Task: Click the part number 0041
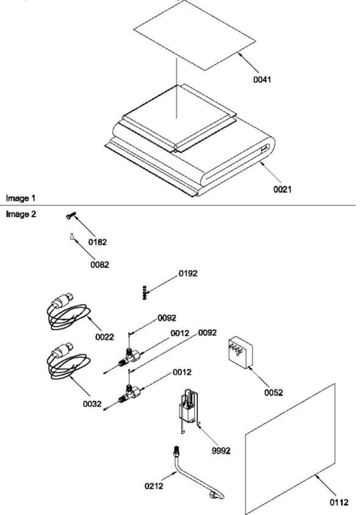262,79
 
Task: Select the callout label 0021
283,190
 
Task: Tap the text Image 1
20,198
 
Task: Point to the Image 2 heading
21,214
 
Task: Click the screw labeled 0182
71,216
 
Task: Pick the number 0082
100,265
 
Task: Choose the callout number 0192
188,273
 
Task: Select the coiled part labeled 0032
68,362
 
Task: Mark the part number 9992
221,451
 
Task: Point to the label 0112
339,503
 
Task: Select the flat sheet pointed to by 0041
195,35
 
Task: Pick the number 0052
273,393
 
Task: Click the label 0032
92,404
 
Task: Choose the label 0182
98,242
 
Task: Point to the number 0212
154,486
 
